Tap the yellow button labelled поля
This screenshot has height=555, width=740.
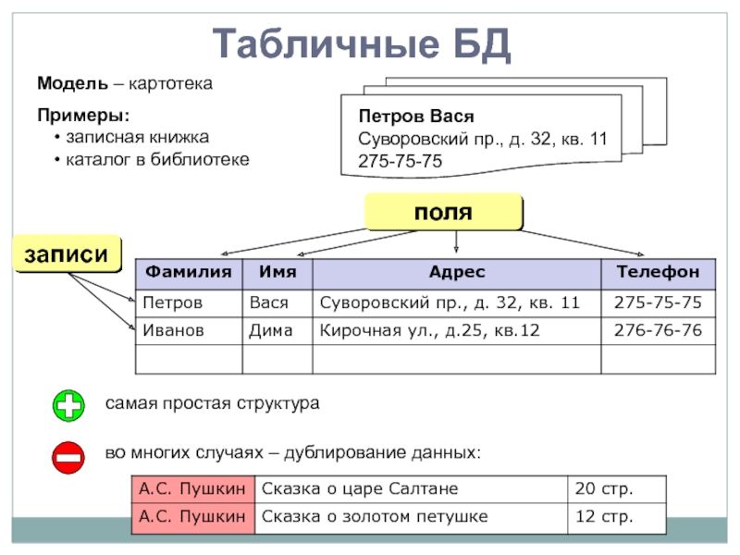443,212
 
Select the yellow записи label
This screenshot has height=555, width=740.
67,254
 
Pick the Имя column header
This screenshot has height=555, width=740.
277,272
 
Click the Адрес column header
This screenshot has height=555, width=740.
456,272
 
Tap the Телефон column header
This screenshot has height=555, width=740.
658,272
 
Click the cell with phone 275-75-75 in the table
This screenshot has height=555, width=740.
658,302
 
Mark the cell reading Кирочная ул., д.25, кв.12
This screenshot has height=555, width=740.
456,330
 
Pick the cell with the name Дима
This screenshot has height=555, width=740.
277,330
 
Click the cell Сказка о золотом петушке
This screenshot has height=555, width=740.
412,516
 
